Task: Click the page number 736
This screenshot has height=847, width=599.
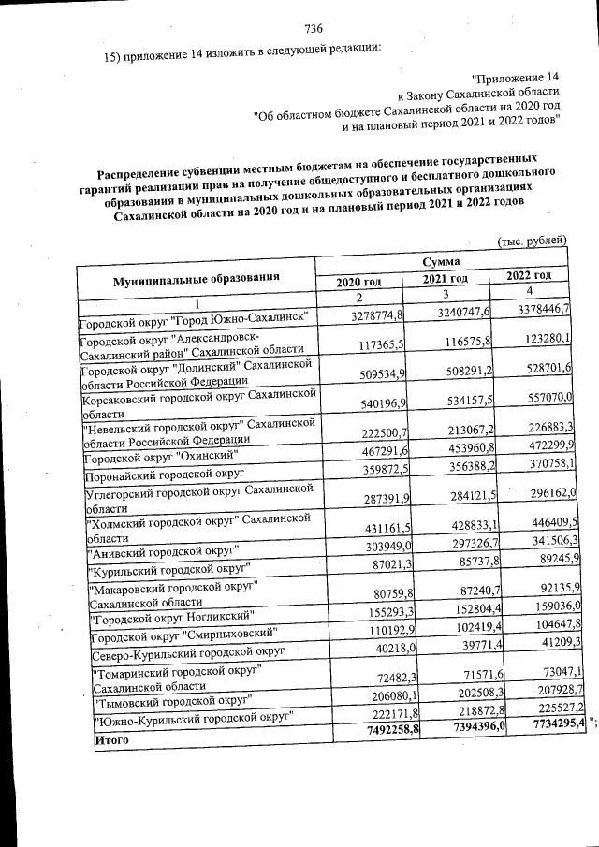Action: point(314,29)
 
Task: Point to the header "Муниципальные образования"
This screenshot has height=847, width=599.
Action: point(197,280)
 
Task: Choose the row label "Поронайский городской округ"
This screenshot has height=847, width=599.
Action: point(163,476)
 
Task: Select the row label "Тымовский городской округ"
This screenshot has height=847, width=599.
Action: point(168,699)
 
